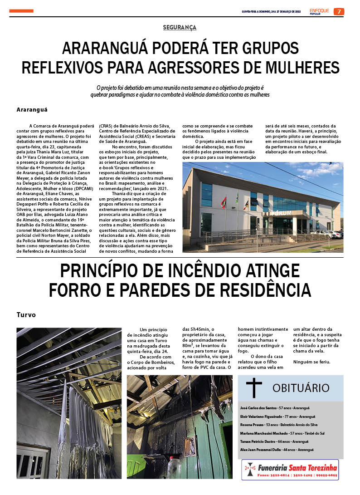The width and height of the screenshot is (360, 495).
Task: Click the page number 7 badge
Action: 339,11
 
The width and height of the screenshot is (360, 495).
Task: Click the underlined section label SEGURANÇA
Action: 180,28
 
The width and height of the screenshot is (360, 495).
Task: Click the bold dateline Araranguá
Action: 32,110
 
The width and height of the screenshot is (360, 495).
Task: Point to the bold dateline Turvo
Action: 26,314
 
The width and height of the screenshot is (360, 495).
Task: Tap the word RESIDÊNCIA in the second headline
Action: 257,290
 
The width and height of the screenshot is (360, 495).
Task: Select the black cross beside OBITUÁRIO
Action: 254,388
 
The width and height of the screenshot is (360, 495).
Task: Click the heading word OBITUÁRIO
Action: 301,388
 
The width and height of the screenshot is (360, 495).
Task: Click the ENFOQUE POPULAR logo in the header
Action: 319,11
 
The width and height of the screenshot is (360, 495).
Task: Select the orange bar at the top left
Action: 21,11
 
